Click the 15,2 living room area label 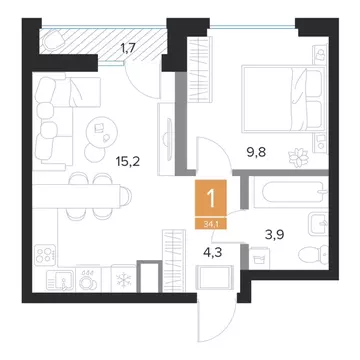[127, 162]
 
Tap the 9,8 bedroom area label [258, 154]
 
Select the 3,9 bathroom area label [275, 234]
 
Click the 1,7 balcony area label [127, 50]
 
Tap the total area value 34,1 [211, 224]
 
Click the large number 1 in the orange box [211, 199]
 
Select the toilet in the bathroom [313, 255]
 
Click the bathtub [289, 192]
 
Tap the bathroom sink [319, 224]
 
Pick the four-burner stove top [45, 253]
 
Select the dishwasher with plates [88, 279]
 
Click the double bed [284, 98]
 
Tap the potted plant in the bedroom [298, 157]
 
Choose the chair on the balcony [53, 40]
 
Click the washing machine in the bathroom [259, 259]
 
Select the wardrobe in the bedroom [200, 69]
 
